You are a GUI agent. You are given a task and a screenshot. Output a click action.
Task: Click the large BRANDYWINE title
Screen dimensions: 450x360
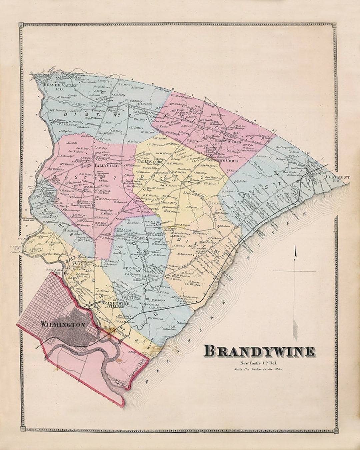point(259,351)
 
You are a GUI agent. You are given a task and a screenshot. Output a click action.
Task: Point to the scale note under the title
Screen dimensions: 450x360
point(258,369)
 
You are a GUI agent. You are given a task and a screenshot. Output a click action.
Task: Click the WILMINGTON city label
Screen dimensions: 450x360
point(63,324)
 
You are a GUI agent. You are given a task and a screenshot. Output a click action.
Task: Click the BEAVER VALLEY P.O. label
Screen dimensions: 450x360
point(60,87)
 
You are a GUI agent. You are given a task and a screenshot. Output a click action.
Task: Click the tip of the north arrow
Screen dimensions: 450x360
point(295,247)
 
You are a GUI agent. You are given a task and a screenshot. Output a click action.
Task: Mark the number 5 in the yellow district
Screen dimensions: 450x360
point(192,176)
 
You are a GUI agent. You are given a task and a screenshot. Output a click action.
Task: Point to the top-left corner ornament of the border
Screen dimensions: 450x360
point(21,25)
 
